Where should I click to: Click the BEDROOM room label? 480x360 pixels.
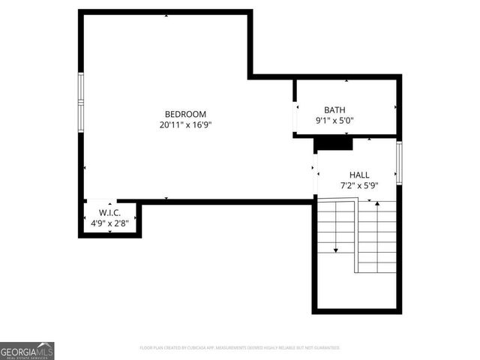click(186, 114)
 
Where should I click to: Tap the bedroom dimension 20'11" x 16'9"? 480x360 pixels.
click(186, 125)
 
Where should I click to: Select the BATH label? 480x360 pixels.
click(334, 109)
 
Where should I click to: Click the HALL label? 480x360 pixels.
click(359, 175)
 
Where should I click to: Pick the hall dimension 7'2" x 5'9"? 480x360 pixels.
click(359, 185)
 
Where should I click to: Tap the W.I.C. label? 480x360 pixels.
click(110, 213)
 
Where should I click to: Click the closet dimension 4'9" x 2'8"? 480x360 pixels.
click(110, 223)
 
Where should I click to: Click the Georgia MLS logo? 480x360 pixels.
click(27, 350)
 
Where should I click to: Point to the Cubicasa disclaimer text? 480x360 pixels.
click(240, 348)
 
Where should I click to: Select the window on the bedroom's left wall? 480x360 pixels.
click(81, 101)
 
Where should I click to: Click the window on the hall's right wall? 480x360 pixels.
click(400, 161)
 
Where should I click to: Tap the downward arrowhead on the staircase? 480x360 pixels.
click(335, 250)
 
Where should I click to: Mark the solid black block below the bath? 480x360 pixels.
click(332, 143)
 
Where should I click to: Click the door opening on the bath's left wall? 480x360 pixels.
click(295, 115)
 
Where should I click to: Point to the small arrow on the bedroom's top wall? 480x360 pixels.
click(166, 15)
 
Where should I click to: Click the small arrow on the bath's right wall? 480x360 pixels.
click(394, 107)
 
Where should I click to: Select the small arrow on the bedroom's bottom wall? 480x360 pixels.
click(166, 198)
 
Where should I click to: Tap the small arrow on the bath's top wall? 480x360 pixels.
click(346, 80)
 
